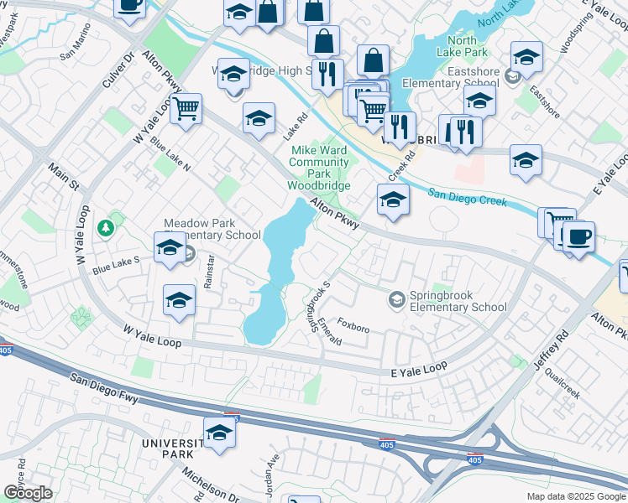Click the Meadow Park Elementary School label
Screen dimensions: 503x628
coord(212,229)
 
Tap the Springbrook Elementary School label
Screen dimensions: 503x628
coord(458,301)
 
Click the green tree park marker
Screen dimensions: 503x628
coord(106,228)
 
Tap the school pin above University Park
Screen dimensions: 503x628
coord(219,433)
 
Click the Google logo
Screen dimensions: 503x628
coord(28,493)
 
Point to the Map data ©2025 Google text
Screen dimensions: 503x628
coord(574,496)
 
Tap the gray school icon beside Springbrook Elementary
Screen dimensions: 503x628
coord(395,298)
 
